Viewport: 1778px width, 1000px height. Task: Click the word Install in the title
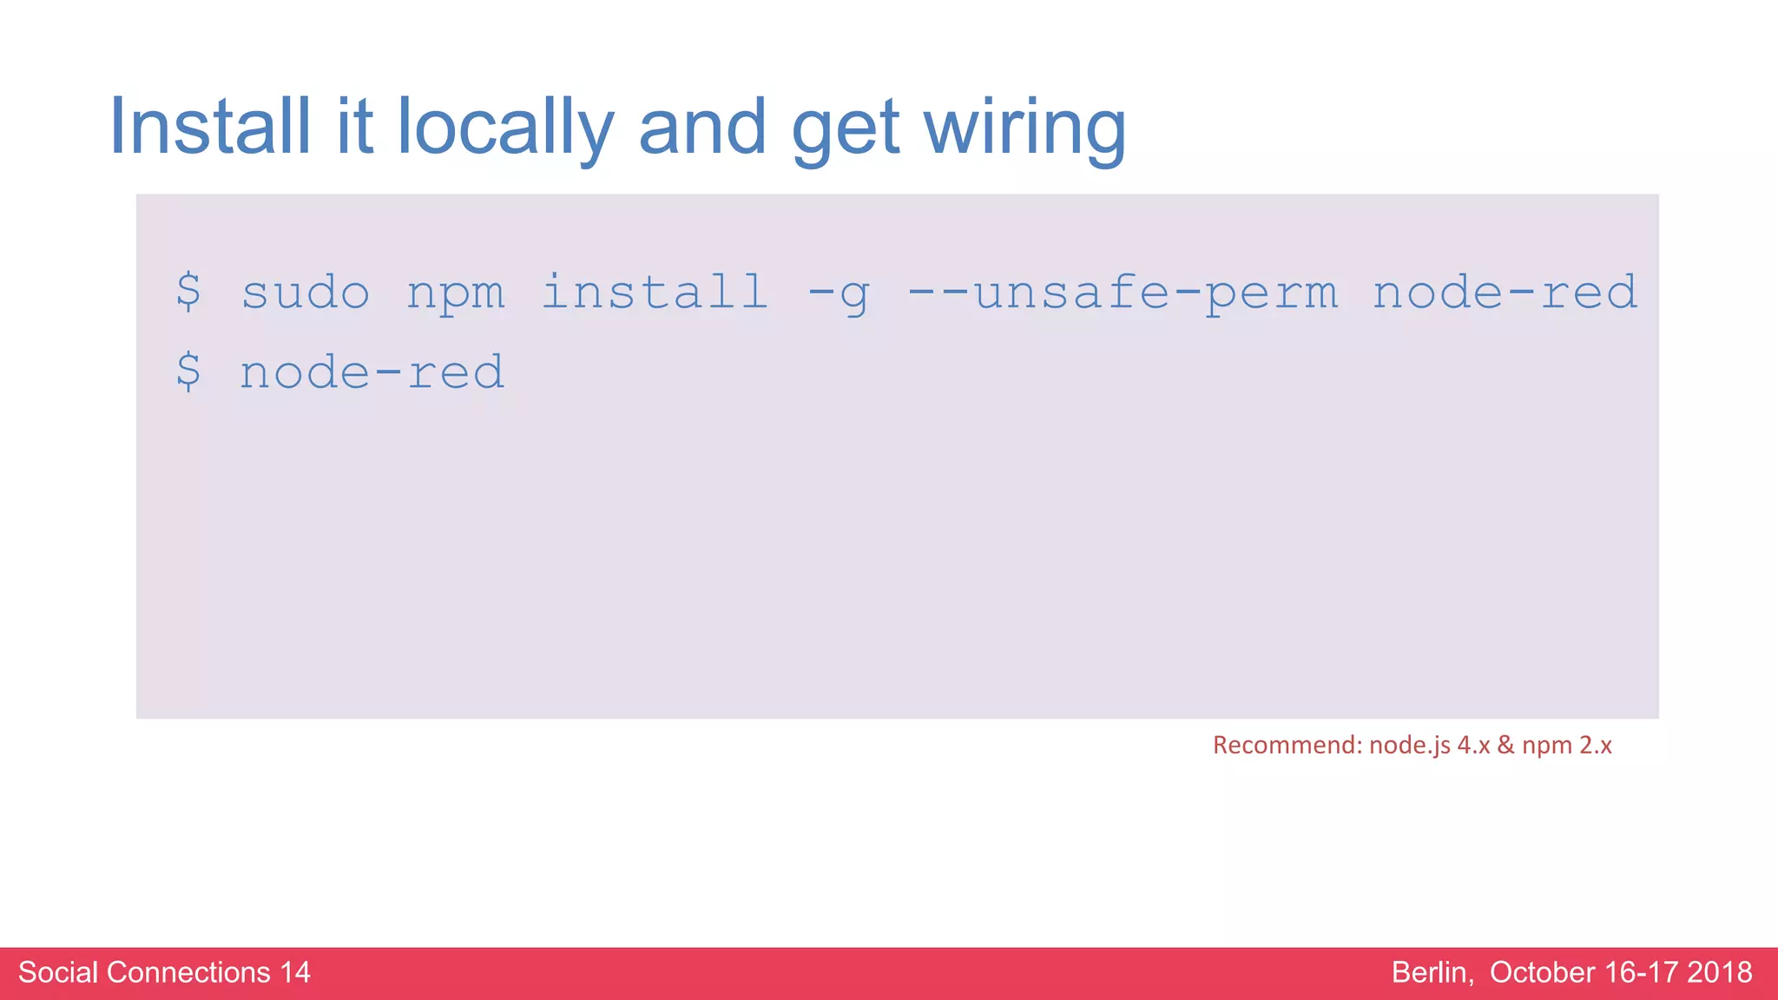tap(209, 127)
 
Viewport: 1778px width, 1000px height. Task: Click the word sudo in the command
tap(306, 293)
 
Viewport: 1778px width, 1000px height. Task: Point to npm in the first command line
tap(456, 293)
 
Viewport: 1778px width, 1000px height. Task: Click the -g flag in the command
tap(839, 293)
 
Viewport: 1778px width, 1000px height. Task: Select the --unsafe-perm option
tap(1122, 293)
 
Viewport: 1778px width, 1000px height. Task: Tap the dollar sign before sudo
tap(188, 292)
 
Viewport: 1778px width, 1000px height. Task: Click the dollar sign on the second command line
tap(188, 372)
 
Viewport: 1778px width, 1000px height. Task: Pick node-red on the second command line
tap(372, 372)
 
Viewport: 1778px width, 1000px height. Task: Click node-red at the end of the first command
tap(1505, 293)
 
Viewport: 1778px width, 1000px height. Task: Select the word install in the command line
tap(655, 292)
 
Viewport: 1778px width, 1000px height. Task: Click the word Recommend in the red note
tap(1286, 745)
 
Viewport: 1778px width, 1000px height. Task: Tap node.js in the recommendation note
tap(1409, 746)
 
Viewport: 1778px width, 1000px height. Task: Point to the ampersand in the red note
tap(1505, 745)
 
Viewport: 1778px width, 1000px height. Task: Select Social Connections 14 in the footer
tap(164, 972)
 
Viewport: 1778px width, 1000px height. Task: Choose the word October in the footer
tap(1542, 972)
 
